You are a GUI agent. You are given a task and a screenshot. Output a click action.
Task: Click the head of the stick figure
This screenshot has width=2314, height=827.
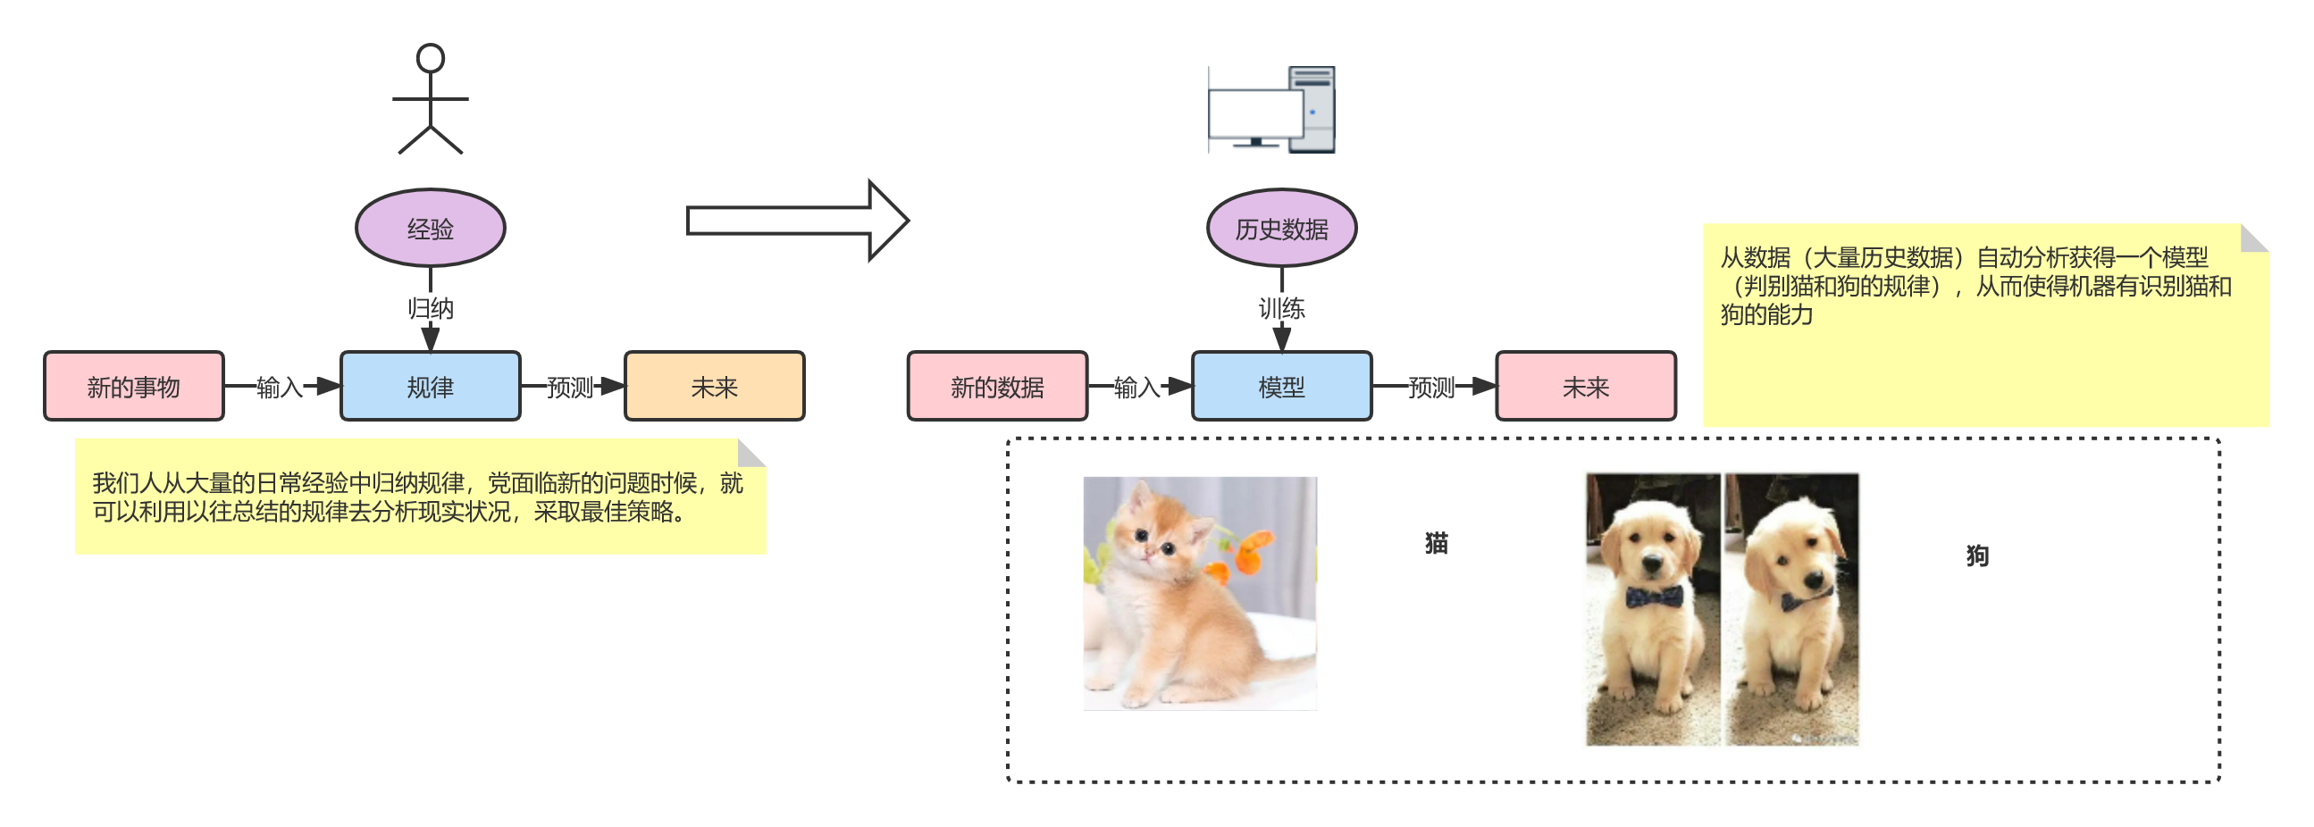(x=431, y=58)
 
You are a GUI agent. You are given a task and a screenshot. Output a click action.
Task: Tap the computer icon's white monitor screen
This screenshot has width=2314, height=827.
(x=1255, y=114)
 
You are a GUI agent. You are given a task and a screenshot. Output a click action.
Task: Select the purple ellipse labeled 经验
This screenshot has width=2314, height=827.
(x=431, y=228)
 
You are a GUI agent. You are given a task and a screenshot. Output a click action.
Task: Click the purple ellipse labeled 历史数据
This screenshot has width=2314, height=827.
(x=1281, y=228)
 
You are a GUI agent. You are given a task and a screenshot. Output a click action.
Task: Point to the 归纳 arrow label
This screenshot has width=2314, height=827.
(x=431, y=308)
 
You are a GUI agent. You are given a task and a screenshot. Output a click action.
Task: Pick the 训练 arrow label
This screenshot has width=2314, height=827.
(x=1281, y=308)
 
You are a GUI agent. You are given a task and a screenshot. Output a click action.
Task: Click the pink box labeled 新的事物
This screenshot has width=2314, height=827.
(x=134, y=386)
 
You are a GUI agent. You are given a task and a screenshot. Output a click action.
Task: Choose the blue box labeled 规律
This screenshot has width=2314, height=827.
(x=431, y=386)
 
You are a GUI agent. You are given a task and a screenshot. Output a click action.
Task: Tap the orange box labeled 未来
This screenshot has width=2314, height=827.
(x=714, y=386)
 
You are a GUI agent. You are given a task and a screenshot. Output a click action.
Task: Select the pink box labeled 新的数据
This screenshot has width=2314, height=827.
(x=997, y=386)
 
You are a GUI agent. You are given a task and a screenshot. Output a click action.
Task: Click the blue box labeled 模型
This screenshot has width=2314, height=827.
(x=1281, y=386)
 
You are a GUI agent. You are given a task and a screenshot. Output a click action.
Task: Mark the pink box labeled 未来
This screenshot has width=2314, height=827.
(x=1586, y=386)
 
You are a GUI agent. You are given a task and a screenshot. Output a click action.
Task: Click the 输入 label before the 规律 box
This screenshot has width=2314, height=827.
(x=280, y=386)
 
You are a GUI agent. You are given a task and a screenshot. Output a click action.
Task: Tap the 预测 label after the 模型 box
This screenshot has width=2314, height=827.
(x=1430, y=386)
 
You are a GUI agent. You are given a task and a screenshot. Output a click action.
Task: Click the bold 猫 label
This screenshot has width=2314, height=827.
(x=1437, y=542)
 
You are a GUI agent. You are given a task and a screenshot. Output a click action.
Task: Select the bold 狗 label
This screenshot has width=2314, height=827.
(x=1977, y=556)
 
